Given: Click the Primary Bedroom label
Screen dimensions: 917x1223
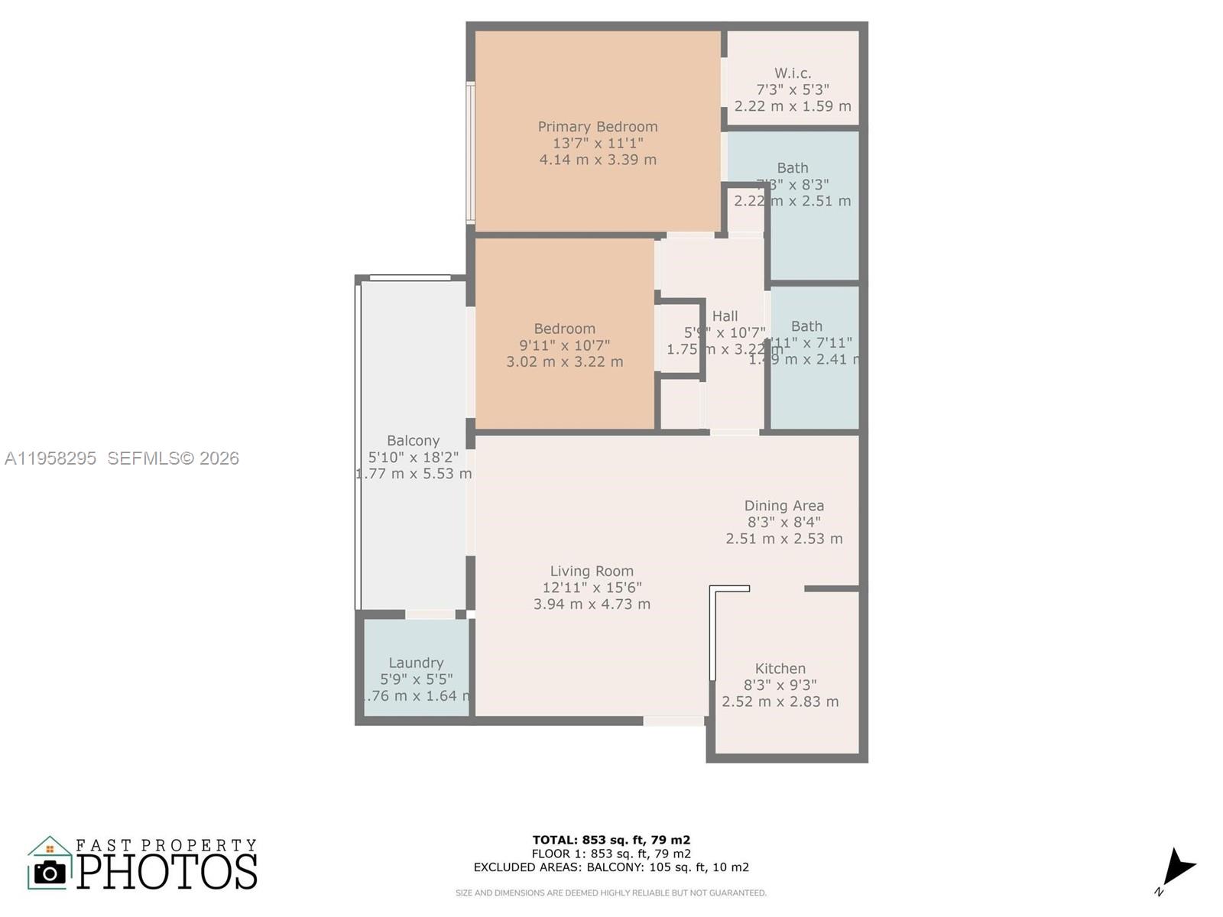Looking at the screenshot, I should tap(597, 127).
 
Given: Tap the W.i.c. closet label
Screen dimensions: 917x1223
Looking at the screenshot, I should tap(793, 73).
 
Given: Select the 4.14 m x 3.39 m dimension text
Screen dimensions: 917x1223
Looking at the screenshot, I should tap(597, 160).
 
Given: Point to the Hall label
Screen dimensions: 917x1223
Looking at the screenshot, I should tap(725, 316).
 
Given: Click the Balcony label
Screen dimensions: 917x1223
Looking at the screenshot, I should tap(413, 441).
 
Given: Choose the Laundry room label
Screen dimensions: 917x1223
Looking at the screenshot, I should tap(416, 663).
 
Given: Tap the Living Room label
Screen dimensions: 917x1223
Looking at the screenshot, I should tap(592, 571).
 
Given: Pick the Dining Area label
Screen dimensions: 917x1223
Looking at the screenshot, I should tap(783, 506).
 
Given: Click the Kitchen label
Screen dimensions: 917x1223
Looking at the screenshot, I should tap(780, 669).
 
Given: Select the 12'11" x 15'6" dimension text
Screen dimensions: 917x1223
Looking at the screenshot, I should tap(592, 588).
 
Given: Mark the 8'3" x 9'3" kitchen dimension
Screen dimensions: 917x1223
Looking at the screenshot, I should tap(780, 685).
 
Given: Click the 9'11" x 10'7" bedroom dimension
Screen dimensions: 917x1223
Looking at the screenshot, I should tap(564, 345).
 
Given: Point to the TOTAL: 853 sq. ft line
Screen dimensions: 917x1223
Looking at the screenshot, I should tap(611, 840).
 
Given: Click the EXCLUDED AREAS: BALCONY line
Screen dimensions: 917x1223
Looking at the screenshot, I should tap(611, 867).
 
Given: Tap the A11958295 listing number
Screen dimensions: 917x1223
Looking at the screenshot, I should tap(50, 458).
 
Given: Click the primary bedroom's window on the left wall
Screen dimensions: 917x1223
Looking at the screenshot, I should tap(471, 153).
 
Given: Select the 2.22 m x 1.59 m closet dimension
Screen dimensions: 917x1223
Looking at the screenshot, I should tap(793, 106).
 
